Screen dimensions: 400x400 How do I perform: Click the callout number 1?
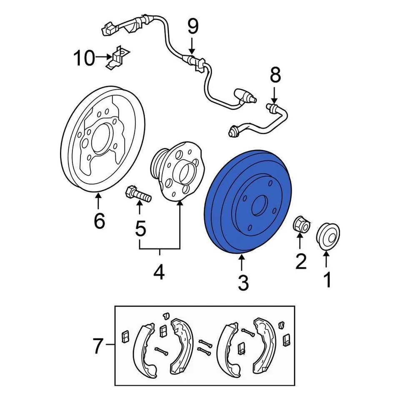pyautogui.click(x=327, y=280)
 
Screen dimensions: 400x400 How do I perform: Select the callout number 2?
pyautogui.click(x=300, y=261)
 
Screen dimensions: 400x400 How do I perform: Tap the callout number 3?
pyautogui.click(x=243, y=283)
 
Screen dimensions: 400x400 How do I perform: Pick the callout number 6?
pyautogui.click(x=99, y=221)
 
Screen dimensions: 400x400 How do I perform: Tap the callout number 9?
pyautogui.click(x=192, y=27)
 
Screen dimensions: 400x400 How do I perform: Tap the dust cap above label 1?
pyautogui.click(x=328, y=236)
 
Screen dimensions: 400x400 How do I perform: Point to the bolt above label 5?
pyautogui.click(x=138, y=195)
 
